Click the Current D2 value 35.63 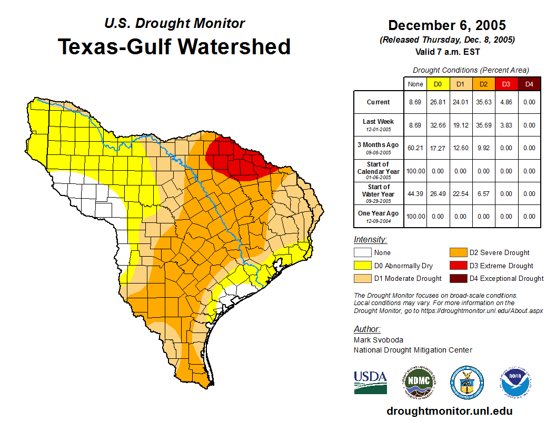483,102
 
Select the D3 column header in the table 506,84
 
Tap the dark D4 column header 529,84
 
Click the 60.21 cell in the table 415,148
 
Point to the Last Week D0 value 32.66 438,125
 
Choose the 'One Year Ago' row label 378,214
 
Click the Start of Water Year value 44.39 415,193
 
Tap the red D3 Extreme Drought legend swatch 458,266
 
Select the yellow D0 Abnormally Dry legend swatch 362,266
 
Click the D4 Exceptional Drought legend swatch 458,278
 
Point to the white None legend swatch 362,253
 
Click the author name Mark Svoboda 379,340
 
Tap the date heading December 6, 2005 447,25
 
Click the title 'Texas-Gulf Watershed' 174,46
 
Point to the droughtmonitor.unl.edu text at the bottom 450,411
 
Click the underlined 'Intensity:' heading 370,240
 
